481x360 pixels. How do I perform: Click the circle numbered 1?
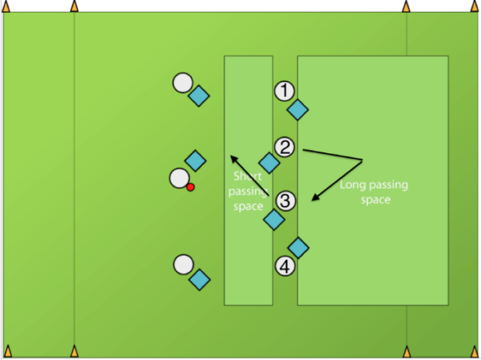pos(285,91)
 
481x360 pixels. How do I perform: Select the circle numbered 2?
pos(285,147)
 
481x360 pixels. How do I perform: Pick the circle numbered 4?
pos(285,265)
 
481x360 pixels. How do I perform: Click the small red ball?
pos(191,187)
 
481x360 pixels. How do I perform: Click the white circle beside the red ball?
pos(179,178)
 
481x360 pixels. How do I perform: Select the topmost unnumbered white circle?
pos(183,83)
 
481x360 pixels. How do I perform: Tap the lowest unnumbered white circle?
pos(184,265)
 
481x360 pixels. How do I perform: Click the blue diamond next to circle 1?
pos(298,110)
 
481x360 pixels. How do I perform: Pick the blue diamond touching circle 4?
pos(298,248)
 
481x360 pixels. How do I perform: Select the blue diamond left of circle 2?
pos(269,163)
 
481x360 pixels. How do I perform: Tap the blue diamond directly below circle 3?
pos(275,218)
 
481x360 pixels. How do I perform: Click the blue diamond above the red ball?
pos(195,160)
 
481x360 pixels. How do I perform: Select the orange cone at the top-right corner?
pos(472,7)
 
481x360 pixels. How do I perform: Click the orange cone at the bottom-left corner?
pos(8,351)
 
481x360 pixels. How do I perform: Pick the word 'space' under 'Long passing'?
pos(374,200)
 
